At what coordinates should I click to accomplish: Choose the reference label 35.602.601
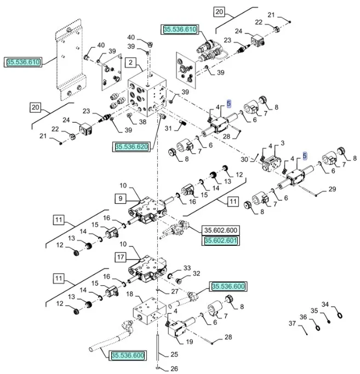220,240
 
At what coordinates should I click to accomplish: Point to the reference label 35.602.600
220,231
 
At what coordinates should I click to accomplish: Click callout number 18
129,295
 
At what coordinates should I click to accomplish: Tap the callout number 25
174,354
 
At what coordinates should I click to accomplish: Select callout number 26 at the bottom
174,369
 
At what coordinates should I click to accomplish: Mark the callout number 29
332,189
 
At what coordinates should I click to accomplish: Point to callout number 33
187,268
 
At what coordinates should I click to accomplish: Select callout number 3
283,143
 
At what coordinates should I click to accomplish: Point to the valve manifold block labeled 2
147,93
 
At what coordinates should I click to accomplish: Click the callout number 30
244,159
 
